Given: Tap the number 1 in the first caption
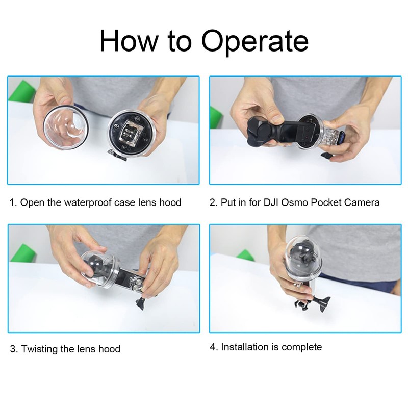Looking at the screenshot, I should (x=12, y=202).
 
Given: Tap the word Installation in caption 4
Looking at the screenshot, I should (x=244, y=347).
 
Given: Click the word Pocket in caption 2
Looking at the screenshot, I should (x=321, y=202).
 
